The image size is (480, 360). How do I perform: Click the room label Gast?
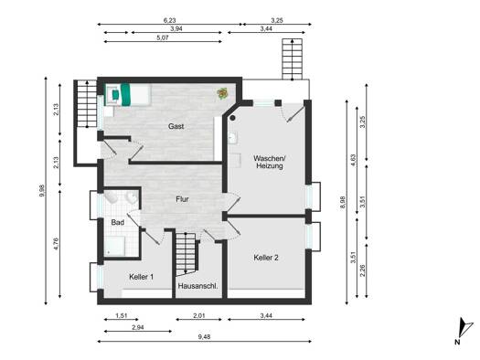(176, 126)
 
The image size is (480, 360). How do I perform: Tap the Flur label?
(182, 199)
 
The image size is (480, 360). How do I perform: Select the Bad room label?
(118, 222)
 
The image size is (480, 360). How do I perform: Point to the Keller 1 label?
(141, 277)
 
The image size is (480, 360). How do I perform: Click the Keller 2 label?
(266, 258)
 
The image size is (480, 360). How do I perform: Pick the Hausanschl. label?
(198, 286)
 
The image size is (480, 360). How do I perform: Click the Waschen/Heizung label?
(270, 163)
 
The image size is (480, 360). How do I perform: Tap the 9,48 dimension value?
(204, 337)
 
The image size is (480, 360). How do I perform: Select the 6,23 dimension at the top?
(169, 20)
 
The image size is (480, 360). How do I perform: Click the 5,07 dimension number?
(163, 38)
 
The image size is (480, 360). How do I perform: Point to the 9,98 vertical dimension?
(42, 191)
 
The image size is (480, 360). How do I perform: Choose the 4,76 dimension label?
(56, 244)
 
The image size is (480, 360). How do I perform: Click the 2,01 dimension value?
(199, 315)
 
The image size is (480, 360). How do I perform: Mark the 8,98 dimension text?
(343, 203)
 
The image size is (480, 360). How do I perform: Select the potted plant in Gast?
(222, 93)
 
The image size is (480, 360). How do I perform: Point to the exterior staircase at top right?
(293, 58)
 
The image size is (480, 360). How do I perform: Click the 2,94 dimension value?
(138, 327)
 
